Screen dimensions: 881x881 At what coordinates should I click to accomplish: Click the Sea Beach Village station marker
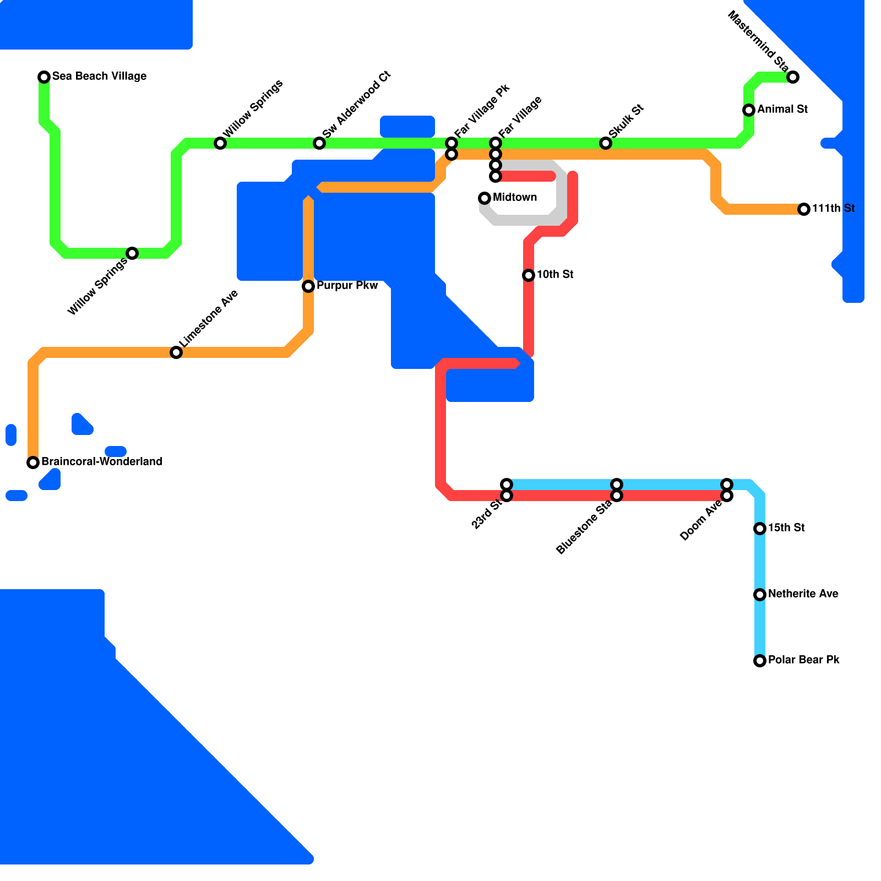(x=44, y=77)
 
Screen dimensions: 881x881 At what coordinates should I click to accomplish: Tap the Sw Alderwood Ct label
(x=356, y=105)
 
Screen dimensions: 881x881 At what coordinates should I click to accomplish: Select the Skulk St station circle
(x=606, y=143)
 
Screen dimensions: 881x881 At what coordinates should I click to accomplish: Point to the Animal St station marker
(x=749, y=110)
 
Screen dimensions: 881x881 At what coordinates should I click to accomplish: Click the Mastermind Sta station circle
(x=793, y=77)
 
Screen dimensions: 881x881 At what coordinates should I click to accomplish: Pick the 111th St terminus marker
(x=804, y=209)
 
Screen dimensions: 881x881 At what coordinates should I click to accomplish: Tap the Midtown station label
(x=515, y=197)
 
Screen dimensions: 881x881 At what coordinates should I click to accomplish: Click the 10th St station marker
(x=529, y=275)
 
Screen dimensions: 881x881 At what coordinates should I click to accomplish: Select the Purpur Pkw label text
(x=347, y=285)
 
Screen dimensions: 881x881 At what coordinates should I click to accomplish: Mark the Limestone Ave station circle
(x=176, y=352)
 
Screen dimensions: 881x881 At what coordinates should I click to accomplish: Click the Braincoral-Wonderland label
(x=102, y=461)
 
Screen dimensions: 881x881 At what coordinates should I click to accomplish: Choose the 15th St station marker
(x=760, y=529)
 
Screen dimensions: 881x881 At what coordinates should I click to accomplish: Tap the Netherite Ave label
(x=803, y=594)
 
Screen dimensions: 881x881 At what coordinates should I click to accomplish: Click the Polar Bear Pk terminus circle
(x=760, y=661)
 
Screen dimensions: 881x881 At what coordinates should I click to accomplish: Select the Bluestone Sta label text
(x=584, y=527)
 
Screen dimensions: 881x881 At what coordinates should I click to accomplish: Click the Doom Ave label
(x=700, y=521)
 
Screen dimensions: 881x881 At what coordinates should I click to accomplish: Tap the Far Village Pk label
(x=482, y=110)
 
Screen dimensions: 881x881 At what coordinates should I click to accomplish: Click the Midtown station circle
(x=485, y=198)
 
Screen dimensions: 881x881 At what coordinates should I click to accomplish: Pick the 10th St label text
(x=555, y=274)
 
